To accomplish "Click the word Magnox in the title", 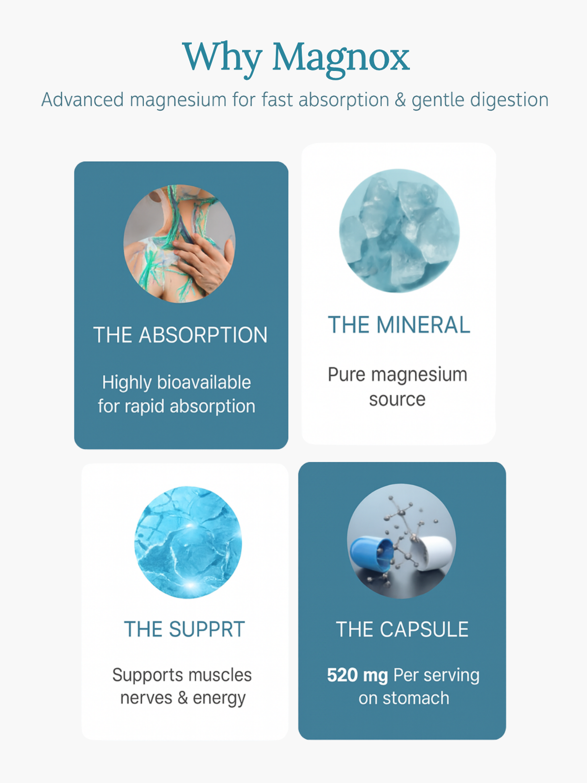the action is [341, 58].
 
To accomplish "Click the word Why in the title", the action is [222, 58].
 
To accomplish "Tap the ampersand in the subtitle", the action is [400, 99].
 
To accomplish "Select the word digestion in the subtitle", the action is [480, 100].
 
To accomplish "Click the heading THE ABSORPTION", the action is [181, 335].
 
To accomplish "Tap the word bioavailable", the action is [204, 382].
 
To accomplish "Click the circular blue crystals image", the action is [399, 230].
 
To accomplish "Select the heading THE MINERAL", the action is [399, 324].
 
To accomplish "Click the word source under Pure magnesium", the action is [397, 399].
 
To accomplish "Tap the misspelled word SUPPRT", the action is [207, 629].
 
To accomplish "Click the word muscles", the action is [220, 675].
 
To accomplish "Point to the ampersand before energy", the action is [182, 698].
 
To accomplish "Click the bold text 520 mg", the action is [357, 675].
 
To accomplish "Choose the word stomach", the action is [416, 698].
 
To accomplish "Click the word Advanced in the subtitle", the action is [82, 99].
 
